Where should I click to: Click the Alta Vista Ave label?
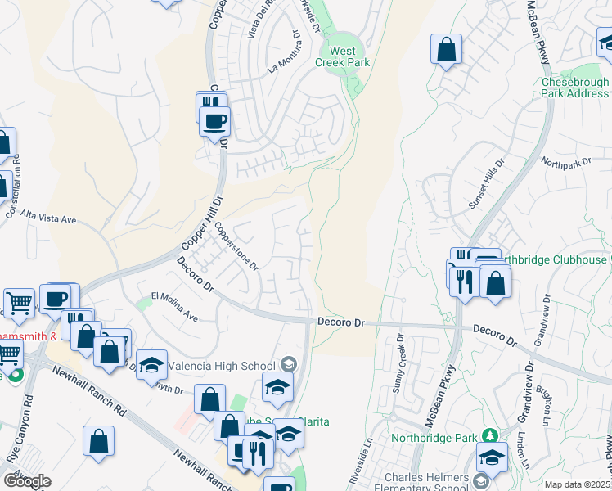[48, 215]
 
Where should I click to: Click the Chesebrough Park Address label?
[575, 88]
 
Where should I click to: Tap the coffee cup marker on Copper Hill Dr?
[215, 122]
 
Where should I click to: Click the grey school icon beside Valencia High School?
[288, 363]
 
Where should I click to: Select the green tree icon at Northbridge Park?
[490, 434]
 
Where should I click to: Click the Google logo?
[27, 481]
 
